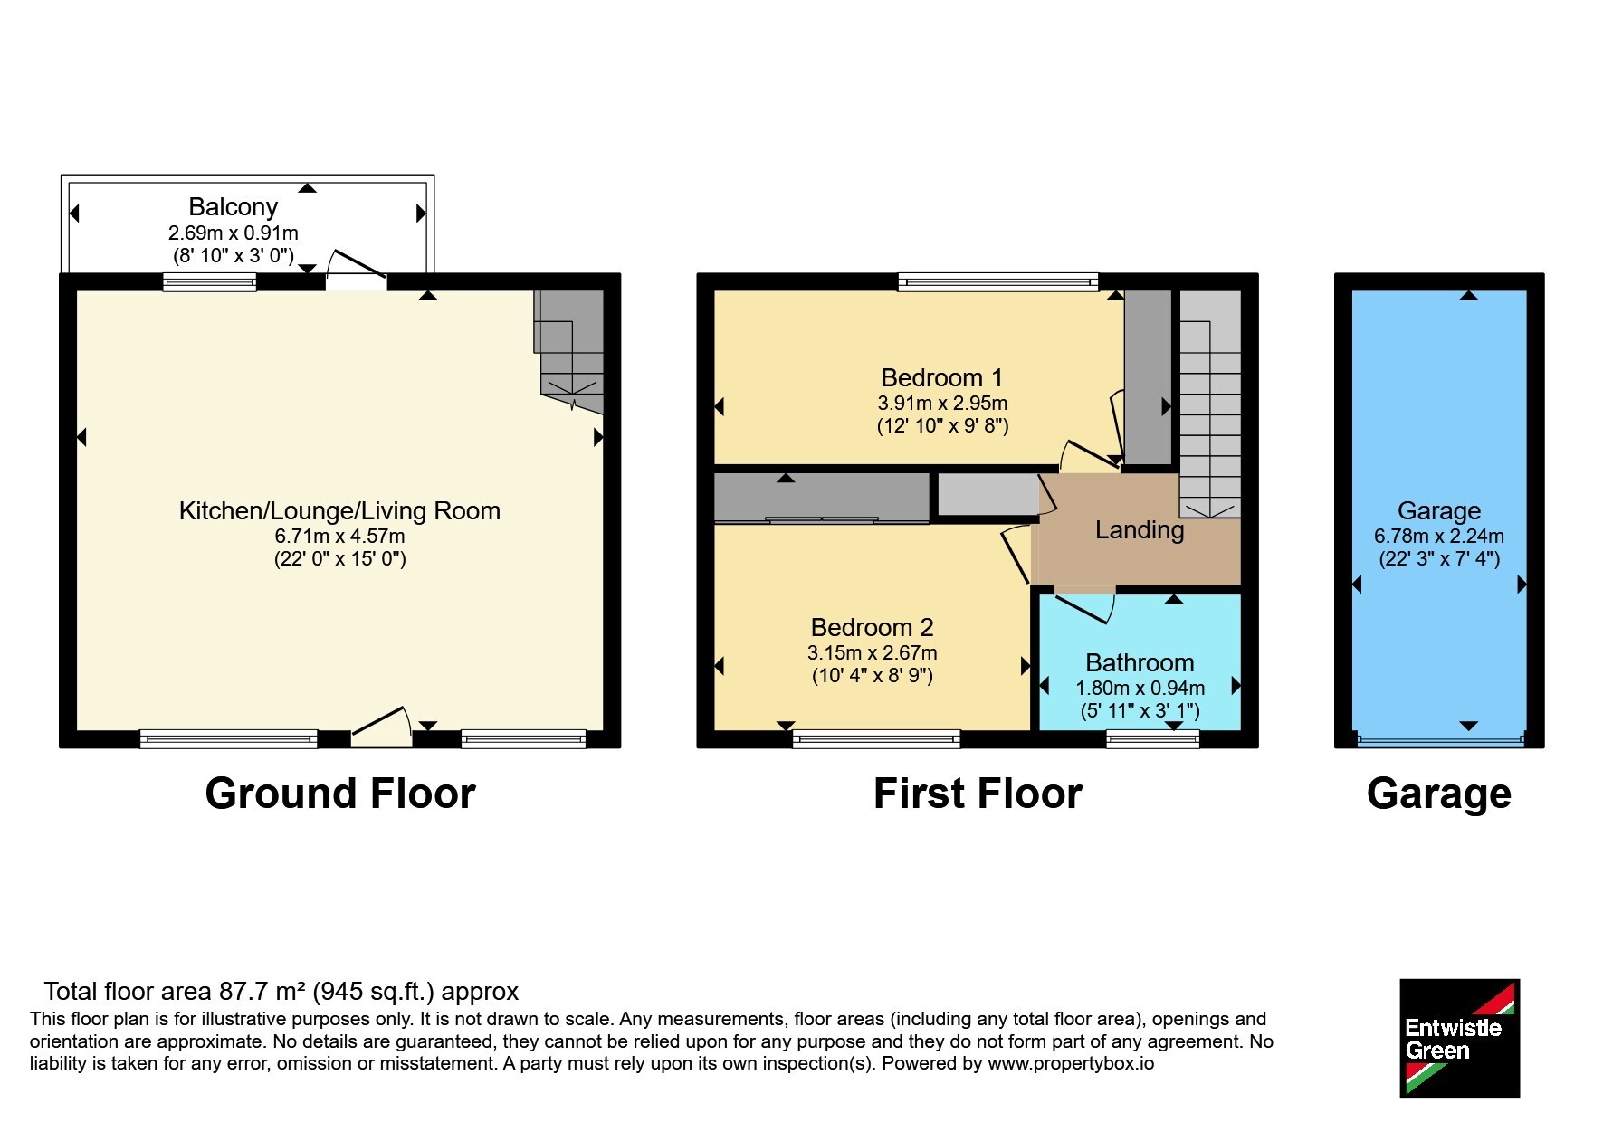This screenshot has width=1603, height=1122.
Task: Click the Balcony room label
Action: [x=233, y=207]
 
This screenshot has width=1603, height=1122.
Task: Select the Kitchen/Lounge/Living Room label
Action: [x=339, y=510]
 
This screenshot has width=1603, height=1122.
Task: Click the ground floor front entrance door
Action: [x=381, y=727]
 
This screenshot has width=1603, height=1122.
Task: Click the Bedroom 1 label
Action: [x=941, y=377]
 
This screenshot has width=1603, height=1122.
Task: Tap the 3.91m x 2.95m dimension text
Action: [x=942, y=403]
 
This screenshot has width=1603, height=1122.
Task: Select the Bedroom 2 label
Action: [x=872, y=627]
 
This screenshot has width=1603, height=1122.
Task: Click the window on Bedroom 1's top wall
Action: [x=997, y=282]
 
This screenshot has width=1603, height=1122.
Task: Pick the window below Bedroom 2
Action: [x=876, y=739]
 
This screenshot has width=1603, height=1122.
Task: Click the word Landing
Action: [x=1140, y=530]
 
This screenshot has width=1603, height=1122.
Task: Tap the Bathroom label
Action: [x=1140, y=662]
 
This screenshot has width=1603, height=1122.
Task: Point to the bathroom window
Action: [x=1152, y=739]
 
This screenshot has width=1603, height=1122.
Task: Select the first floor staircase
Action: [x=1209, y=404]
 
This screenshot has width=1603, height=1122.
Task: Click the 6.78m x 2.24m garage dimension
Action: [x=1439, y=536]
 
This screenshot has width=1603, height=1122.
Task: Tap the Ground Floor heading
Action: [x=340, y=794]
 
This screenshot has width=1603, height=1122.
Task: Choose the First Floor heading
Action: [x=978, y=794]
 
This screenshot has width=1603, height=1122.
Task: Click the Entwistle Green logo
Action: [x=1459, y=1038]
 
